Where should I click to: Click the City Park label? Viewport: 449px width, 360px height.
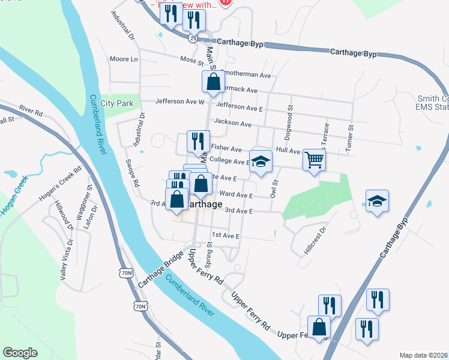[x=116, y=103]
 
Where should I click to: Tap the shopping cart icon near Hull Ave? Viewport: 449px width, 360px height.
[x=314, y=160]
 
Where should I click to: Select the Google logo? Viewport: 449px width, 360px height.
[x=20, y=353]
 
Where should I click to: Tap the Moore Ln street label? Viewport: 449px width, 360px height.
[x=124, y=59]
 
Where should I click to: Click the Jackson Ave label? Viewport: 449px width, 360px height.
[x=233, y=122]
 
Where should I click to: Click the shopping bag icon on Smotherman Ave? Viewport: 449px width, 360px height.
[x=212, y=82]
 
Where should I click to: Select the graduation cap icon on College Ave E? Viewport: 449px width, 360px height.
[x=261, y=161]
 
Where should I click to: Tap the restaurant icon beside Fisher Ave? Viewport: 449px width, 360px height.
[x=197, y=142]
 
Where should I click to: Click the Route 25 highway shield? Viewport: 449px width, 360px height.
[x=192, y=38]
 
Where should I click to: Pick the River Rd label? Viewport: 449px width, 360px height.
[x=31, y=112]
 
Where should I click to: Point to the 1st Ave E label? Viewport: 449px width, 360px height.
[x=225, y=236]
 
